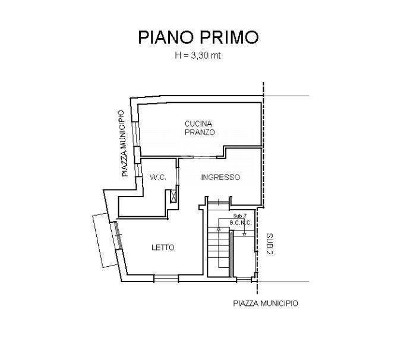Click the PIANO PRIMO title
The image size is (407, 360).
click(x=198, y=37)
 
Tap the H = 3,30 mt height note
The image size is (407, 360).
click(x=198, y=55)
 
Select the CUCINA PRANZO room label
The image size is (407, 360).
click(x=200, y=128)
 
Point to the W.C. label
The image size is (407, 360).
click(x=158, y=177)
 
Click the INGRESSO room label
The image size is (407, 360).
click(x=220, y=177)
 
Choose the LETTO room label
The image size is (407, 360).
click(x=163, y=248)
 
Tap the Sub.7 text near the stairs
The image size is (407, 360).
click(x=240, y=216)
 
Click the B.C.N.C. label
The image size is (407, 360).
click(x=241, y=223)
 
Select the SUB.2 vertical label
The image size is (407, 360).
click(x=270, y=244)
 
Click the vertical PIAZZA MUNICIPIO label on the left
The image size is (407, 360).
click(x=125, y=144)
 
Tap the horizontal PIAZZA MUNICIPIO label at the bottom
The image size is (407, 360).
click(x=266, y=304)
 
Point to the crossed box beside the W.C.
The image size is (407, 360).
click(x=173, y=197)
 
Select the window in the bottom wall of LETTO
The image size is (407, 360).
click(x=166, y=278)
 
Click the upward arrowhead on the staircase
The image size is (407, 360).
click(x=219, y=229)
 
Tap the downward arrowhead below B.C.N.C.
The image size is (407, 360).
click(x=244, y=234)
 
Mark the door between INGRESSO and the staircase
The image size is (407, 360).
click(x=219, y=202)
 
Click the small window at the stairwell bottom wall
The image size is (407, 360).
click(x=244, y=279)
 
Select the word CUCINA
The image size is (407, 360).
click(x=198, y=124)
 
